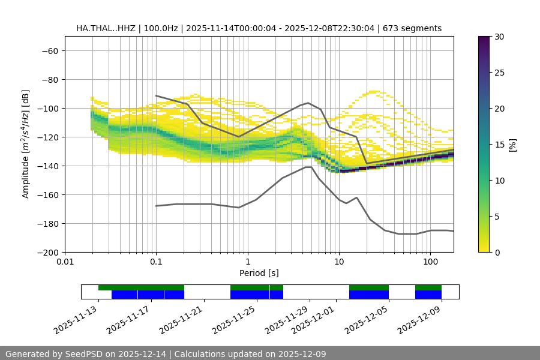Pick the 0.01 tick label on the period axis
click(x=65, y=262)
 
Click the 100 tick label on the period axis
click(x=430, y=262)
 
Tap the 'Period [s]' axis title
click(x=259, y=273)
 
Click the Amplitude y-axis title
click(x=26, y=144)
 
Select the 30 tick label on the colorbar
click(x=499, y=37)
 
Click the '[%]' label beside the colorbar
click(x=512, y=145)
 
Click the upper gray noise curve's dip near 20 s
click(x=367, y=163)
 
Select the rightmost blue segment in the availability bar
click(x=428, y=295)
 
